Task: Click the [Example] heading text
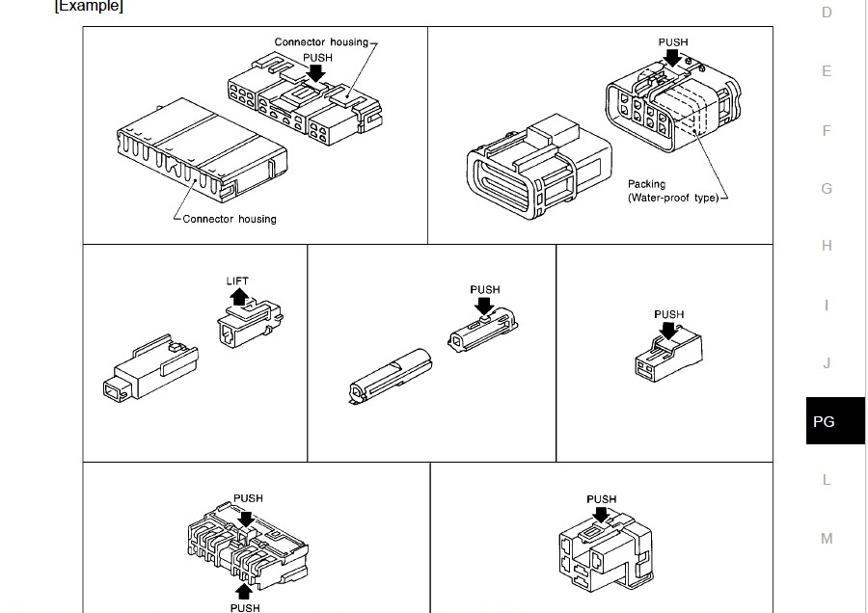[89, 7]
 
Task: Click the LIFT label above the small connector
[237, 281]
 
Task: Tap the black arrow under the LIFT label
[238, 296]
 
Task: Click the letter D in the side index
[827, 13]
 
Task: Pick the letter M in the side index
[827, 539]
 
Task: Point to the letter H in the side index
[827, 246]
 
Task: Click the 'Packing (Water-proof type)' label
[672, 191]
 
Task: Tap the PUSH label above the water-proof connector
[673, 42]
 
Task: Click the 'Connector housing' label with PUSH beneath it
[321, 42]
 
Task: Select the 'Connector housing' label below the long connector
[230, 220]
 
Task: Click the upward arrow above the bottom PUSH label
[244, 590]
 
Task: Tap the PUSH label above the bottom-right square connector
[601, 499]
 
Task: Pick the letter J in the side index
[827, 363]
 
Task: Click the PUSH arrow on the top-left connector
[315, 72]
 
